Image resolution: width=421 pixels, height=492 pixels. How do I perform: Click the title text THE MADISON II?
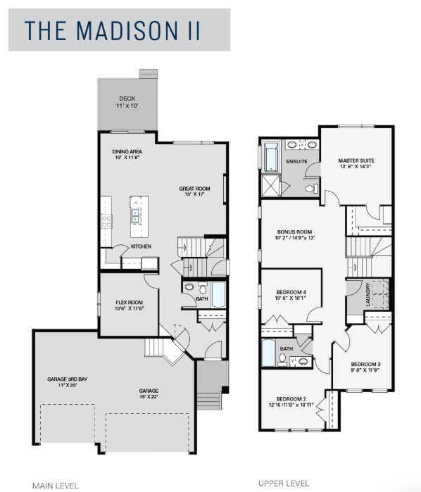pos(112,30)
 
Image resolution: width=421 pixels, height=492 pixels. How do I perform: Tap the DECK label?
pos(127,99)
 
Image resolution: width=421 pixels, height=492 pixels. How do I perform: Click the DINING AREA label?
pos(127,151)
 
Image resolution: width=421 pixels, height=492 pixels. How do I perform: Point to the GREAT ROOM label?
pos(194,189)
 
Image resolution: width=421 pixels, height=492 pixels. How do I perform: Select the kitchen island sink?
pos(135,215)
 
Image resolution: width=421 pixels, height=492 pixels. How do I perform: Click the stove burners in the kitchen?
pos(106,221)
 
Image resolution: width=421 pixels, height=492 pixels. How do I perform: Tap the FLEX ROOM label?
pos(129,303)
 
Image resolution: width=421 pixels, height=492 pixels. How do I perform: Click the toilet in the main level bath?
pos(203,288)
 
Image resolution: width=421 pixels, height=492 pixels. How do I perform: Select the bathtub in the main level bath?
pos(218,294)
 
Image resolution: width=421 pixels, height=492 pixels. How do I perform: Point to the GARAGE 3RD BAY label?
pos(67,379)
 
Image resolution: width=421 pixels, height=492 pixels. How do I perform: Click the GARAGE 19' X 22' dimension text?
pos(149,396)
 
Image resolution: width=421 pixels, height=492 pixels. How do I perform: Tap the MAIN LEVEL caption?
pos(55,486)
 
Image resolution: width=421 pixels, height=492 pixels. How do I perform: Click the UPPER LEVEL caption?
pos(284,484)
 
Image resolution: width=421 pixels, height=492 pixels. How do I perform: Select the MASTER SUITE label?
pos(356,160)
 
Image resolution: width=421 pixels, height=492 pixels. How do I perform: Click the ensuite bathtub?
pos(271,157)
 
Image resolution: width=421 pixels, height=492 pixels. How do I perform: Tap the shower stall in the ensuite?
pos(270,186)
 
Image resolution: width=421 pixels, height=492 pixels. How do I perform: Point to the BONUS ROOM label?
pos(294,232)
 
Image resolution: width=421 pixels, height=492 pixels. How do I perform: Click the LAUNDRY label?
pos(368,294)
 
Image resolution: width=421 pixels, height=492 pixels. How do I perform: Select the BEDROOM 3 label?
pos(366,365)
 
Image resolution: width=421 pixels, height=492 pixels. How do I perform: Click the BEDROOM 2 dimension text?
pos(291,405)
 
